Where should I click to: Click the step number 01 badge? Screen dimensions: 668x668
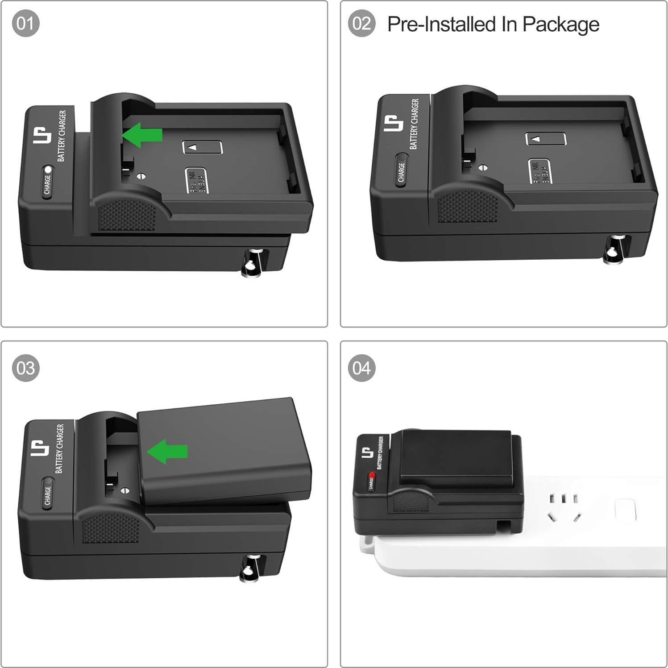(25, 23)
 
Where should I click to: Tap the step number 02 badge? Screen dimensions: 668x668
(361, 23)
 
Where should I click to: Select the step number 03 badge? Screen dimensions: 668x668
(25, 368)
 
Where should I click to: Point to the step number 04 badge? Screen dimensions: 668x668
(361, 368)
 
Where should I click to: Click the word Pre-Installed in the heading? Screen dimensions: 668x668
(442, 24)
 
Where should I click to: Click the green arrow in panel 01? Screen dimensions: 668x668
(142, 134)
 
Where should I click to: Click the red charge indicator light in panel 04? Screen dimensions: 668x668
(371, 476)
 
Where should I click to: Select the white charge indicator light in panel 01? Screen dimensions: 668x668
(48, 170)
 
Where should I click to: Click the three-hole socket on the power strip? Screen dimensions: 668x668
(563, 506)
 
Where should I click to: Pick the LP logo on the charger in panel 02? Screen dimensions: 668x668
(392, 123)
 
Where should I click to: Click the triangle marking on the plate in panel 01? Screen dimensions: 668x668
(192, 147)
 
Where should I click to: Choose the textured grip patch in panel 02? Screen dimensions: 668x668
(467, 207)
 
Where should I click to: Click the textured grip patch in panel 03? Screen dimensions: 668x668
(111, 527)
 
